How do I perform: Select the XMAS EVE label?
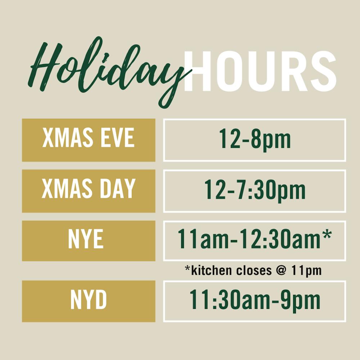(89, 138)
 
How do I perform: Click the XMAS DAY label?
(89, 189)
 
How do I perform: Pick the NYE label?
(86, 239)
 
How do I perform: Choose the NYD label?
(89, 300)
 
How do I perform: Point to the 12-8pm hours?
(255, 139)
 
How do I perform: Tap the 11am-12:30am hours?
(255, 239)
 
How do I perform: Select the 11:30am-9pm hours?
(255, 301)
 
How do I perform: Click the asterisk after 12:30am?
(327, 234)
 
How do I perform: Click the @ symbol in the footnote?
(282, 270)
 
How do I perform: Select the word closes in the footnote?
(254, 270)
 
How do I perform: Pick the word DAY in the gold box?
(118, 189)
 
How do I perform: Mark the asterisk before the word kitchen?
(188, 268)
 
